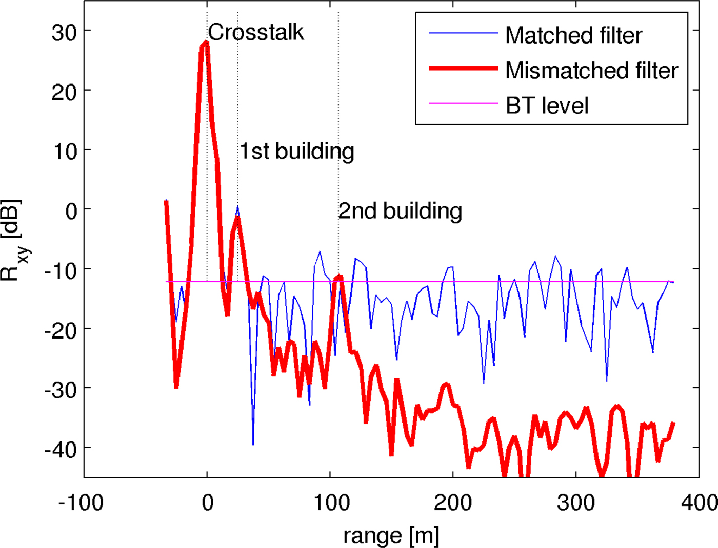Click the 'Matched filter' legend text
click(x=573, y=35)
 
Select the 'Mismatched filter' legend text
click(x=591, y=70)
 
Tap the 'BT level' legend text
click(x=547, y=106)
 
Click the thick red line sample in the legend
click(x=463, y=68)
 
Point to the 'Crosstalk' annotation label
click(x=255, y=32)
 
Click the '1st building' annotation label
click(x=297, y=151)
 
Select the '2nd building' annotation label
click(x=400, y=210)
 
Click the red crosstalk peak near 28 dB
click(x=206, y=43)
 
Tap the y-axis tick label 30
click(x=64, y=32)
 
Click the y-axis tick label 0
click(x=71, y=210)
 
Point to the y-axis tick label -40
click(x=60, y=449)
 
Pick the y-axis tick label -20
click(x=60, y=330)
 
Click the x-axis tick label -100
click(x=81, y=502)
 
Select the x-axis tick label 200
click(x=453, y=502)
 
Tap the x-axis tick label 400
click(x=699, y=502)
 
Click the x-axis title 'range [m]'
click(x=391, y=535)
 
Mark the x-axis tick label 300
click(x=576, y=502)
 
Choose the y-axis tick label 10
click(x=64, y=151)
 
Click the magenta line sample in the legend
click(x=463, y=103)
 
